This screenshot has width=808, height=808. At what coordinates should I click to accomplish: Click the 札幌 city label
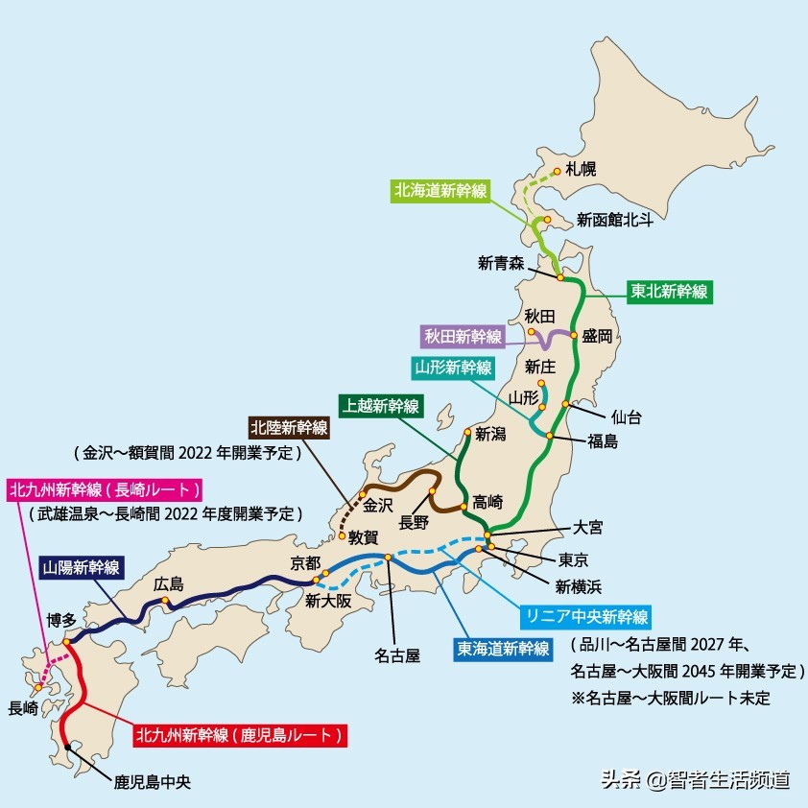pyautogui.click(x=580, y=170)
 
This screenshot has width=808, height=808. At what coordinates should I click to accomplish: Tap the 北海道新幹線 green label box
pyautogui.click(x=441, y=190)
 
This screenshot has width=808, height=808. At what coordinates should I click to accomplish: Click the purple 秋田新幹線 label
pyautogui.click(x=464, y=336)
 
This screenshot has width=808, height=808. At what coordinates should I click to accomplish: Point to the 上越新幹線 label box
pyautogui.click(x=381, y=406)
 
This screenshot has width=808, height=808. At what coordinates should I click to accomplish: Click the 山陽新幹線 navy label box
pyautogui.click(x=82, y=567)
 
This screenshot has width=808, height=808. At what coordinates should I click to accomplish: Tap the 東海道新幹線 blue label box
pyautogui.click(x=503, y=648)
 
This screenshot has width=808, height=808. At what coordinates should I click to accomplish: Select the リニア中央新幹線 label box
pyautogui.click(x=585, y=615)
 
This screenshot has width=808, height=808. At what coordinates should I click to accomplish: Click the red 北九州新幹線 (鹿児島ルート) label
pyautogui.click(x=238, y=736)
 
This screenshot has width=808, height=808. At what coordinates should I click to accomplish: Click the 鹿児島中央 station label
pyautogui.click(x=153, y=781)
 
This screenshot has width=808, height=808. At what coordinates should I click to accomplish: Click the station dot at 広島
pyautogui.click(x=165, y=602)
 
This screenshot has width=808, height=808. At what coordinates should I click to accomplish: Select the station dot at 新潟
pyautogui.click(x=466, y=431)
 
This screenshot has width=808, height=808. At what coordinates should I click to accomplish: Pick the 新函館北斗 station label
pyautogui.click(x=615, y=220)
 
